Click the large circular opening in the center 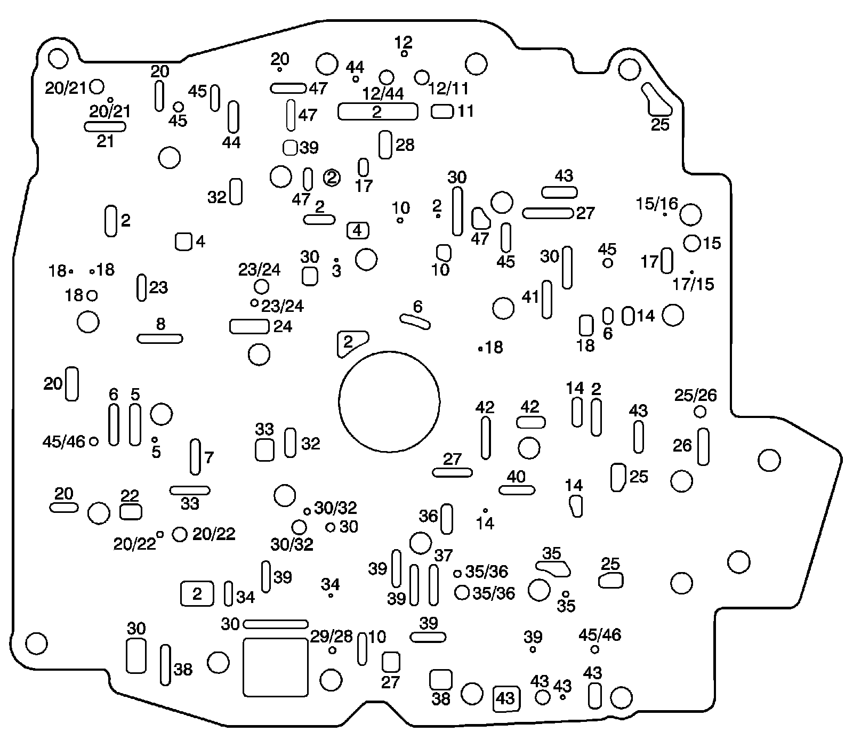pos(389,400)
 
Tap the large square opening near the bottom pos(275,667)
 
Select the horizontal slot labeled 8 pos(160,339)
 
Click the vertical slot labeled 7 pos(196,457)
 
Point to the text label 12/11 pos(448,88)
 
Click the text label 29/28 pos(332,637)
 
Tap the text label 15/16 pos(657,203)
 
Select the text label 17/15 pos(693,284)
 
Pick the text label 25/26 pos(696,396)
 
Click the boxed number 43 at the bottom pos(505,698)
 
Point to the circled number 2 pos(332,178)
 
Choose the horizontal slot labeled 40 pos(517,490)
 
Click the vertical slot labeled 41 pos(546,299)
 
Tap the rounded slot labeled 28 pos(385,144)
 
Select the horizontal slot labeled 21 pos(105,126)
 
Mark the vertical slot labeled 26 pos(703,446)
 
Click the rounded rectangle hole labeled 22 pos(131,512)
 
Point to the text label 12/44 pos(383,94)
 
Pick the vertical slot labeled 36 pos(447,519)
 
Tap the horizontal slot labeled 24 pos(249,326)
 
